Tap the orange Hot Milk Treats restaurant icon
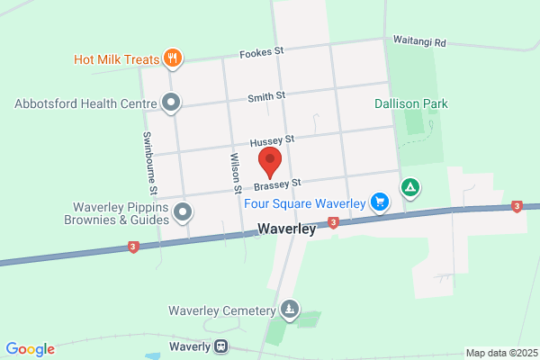pos(173,59)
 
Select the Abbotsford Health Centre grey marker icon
pos(173,103)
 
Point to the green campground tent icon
pos(409,187)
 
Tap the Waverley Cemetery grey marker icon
pos(289,310)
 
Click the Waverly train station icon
pos(220,346)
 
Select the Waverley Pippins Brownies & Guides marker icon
pos(184,213)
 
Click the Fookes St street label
pos(261,54)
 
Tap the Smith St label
pos(267,95)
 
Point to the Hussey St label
pos(272,141)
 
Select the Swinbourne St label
pos(150,163)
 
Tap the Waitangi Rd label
pos(420,40)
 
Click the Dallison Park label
pos(411,103)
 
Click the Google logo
pos(30,349)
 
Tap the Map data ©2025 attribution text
pos(500,353)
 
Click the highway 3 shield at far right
pos(517,207)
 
